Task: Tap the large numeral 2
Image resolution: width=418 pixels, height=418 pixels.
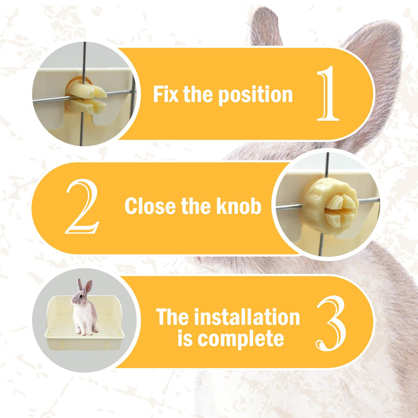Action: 82,206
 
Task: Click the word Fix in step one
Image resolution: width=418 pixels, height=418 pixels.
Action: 166,94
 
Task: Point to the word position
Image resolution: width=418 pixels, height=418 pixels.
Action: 255,95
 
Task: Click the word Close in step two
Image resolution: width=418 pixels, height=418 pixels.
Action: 151,206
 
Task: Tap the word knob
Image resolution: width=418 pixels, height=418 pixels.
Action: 239,206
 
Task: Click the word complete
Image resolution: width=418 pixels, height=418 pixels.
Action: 240,339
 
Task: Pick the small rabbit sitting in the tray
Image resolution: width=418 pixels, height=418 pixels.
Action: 85,307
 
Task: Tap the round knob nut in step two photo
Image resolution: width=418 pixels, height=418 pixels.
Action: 331,206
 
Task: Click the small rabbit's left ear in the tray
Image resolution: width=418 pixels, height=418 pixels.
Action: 80,285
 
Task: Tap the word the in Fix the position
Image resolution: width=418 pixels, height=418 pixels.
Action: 198,94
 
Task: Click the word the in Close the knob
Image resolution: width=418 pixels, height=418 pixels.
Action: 196,206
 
